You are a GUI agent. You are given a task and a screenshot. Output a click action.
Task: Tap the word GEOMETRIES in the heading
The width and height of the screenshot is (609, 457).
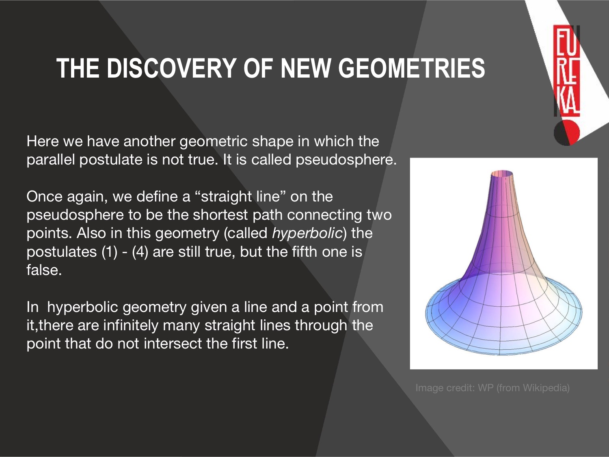[411, 68]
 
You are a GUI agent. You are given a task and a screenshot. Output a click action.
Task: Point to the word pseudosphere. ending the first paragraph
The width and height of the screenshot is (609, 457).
[346, 160]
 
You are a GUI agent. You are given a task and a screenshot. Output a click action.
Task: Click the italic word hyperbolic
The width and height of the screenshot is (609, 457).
[307, 233]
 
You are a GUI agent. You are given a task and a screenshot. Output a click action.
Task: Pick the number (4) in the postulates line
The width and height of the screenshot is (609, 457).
[140, 252]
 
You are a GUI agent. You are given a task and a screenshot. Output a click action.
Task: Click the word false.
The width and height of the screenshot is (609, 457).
[44, 269]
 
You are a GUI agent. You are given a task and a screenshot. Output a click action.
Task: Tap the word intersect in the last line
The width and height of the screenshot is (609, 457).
[173, 344]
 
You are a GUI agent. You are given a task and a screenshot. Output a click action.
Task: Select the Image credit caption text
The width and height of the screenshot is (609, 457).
[492, 388]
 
